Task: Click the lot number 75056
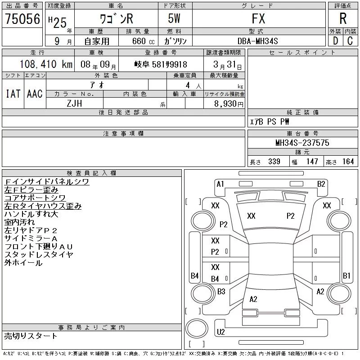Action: point(22,18)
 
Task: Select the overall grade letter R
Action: point(343,18)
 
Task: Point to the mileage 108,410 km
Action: point(46,64)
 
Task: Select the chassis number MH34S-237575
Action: point(302,143)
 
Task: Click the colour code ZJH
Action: point(74,103)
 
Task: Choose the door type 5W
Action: point(175,18)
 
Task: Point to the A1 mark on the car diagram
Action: point(220,184)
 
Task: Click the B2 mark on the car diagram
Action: point(321,184)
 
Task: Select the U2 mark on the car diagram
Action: point(220,332)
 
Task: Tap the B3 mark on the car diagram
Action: point(221,292)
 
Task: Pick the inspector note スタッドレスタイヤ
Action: point(39,255)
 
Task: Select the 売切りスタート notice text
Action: point(31,336)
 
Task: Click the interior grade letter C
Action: point(349,41)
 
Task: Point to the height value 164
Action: point(348,162)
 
